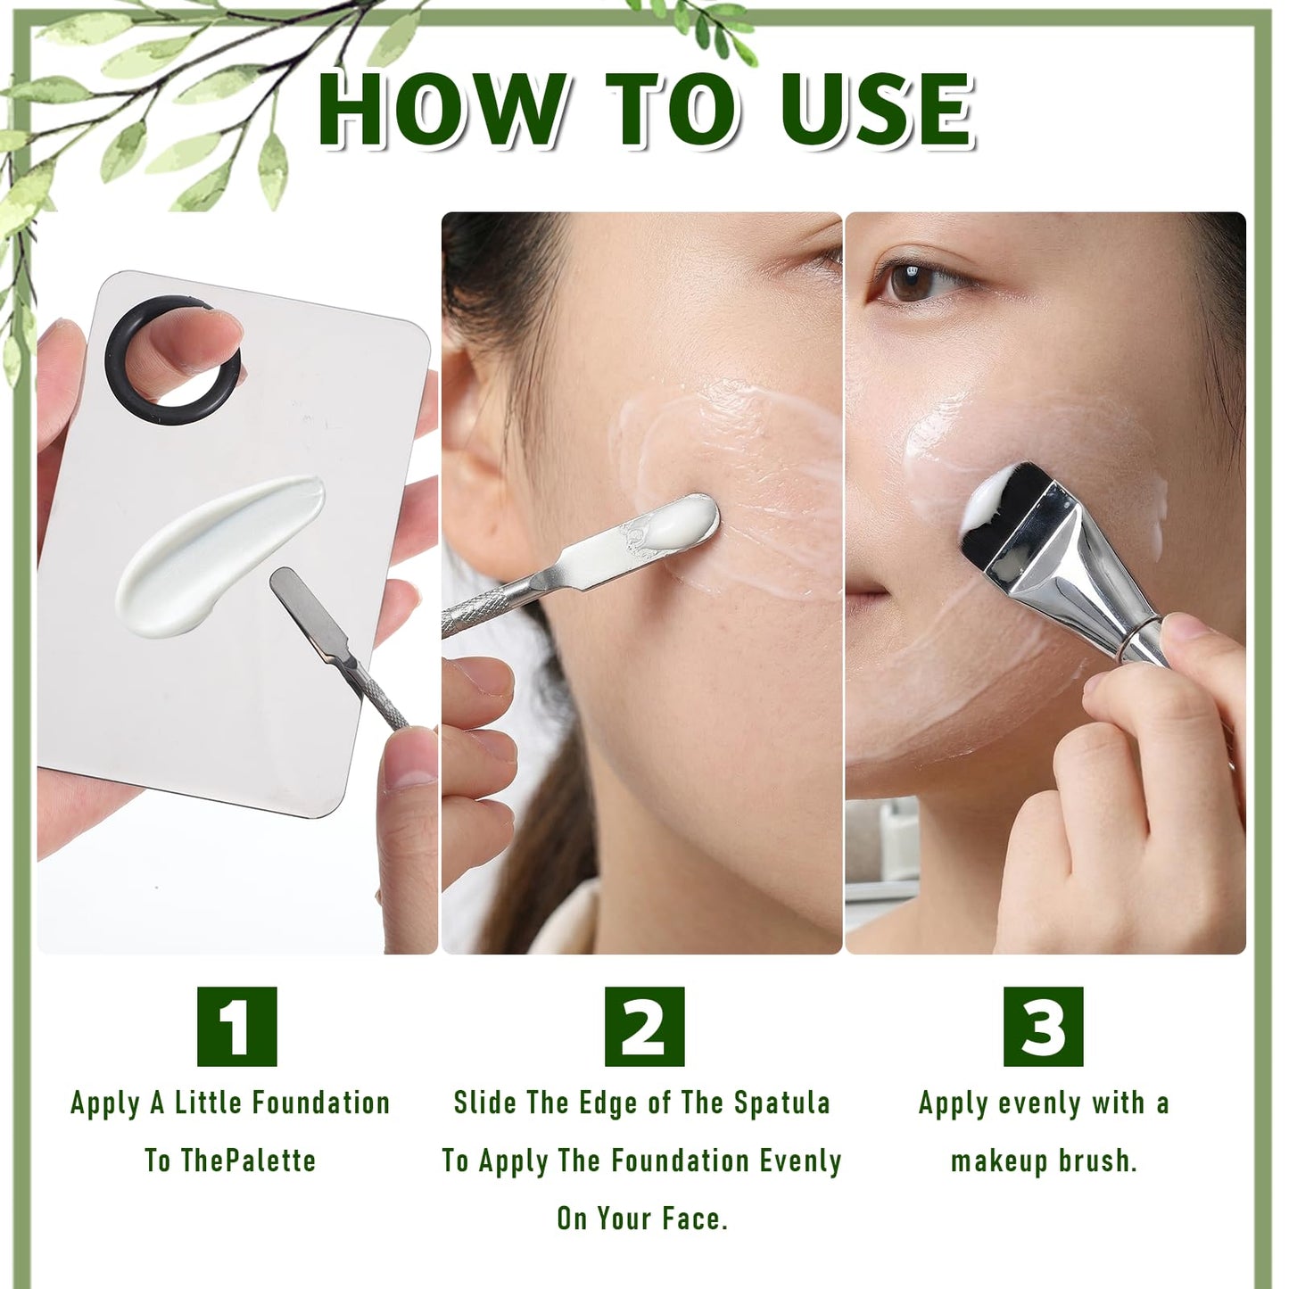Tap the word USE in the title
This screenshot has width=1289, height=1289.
coord(876,108)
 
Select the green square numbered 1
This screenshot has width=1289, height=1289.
coord(236,1026)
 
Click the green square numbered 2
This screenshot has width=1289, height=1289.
coord(645,1026)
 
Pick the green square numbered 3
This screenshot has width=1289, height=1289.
coord(1044,1026)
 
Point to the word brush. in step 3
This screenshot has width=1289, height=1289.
coord(1098,1161)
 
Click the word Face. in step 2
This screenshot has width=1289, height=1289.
coord(695,1219)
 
